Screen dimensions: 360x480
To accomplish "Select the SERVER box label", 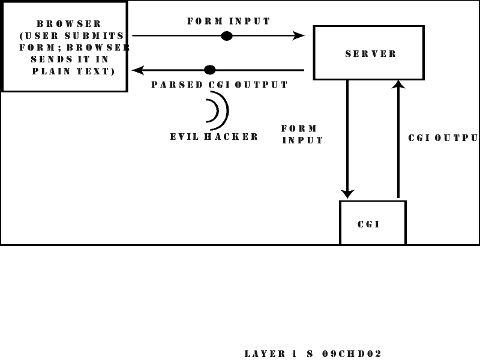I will pos(371,53).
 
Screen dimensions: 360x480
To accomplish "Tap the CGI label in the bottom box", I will pos(368,224).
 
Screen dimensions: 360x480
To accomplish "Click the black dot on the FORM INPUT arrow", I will pos(226,36).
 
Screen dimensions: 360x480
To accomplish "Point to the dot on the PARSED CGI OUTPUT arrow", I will pos(209,70).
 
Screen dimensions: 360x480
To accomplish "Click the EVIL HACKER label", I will pos(214,136).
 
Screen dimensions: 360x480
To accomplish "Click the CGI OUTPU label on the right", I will pos(443,137).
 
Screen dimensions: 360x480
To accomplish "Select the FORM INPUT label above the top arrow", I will pos(229,21).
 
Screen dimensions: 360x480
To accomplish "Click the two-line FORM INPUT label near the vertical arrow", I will pos(302,134).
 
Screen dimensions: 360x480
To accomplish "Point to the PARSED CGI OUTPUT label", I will pos(219,85).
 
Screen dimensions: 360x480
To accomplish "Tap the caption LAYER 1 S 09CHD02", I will pos(313,353).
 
